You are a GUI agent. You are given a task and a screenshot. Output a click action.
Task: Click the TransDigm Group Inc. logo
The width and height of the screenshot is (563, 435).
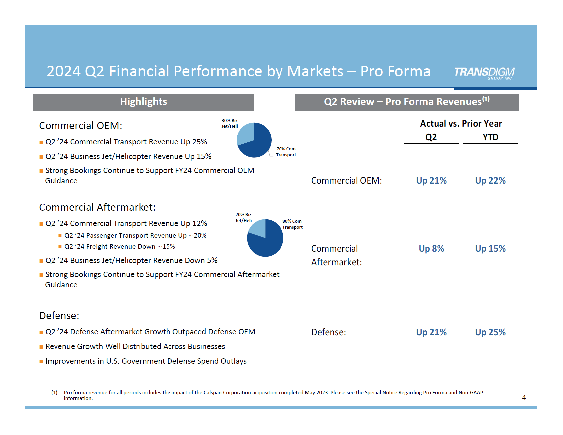point(484,73)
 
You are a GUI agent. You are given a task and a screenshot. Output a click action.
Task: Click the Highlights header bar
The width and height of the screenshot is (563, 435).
point(143,102)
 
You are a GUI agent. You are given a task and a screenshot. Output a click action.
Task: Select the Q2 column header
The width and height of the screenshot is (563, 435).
point(431,137)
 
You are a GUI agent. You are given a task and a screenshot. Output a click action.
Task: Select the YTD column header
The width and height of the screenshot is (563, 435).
point(490,137)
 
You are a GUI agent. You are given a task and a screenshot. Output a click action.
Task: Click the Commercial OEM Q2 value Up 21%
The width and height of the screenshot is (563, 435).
point(431,181)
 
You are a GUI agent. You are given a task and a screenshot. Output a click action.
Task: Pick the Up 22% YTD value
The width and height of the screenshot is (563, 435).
point(490,181)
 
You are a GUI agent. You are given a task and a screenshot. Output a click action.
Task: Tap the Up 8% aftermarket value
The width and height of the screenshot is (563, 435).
point(431,249)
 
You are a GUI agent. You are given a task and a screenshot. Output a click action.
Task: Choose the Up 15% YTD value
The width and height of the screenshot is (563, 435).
point(490,249)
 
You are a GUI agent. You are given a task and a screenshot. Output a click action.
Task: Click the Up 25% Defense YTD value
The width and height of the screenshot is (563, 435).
point(490,332)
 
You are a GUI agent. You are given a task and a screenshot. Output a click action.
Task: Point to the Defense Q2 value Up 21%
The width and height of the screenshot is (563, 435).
point(431,332)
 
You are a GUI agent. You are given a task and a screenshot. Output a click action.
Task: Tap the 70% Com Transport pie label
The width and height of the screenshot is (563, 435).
point(286,152)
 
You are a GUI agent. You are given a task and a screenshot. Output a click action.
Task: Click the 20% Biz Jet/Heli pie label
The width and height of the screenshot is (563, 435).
point(243,218)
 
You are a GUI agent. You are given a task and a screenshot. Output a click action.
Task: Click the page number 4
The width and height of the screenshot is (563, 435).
point(524,398)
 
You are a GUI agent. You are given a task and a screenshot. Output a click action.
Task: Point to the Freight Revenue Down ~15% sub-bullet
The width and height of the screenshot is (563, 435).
point(120,247)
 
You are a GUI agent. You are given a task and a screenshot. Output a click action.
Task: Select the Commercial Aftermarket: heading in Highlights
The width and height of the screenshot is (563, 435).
point(97,207)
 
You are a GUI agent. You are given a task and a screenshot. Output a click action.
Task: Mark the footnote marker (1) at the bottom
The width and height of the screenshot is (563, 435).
point(54,393)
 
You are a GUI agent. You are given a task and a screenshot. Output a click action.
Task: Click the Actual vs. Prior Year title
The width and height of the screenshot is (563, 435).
point(461,124)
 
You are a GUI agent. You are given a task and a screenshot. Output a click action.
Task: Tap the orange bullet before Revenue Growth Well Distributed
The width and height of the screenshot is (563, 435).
point(41,347)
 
